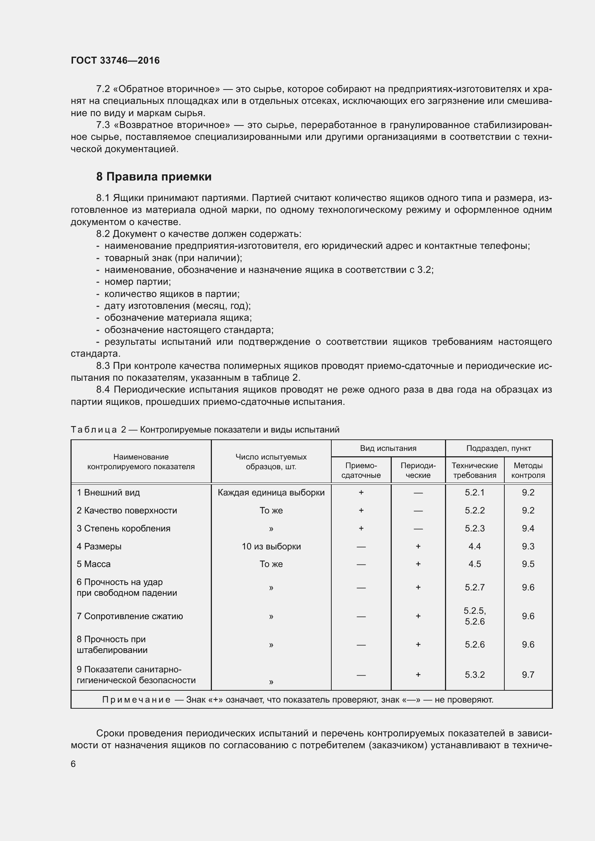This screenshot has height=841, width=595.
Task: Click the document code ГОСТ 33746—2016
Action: (x=115, y=60)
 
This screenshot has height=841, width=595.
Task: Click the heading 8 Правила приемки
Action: (x=154, y=177)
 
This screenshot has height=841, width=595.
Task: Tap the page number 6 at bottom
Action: (x=73, y=764)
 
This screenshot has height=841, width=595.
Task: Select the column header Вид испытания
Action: (x=388, y=448)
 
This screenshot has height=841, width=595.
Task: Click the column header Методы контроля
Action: (x=528, y=470)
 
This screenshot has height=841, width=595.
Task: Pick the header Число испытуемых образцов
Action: (x=271, y=462)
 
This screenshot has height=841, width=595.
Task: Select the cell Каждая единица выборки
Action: (x=271, y=493)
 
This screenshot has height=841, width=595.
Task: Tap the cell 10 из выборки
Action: (x=271, y=547)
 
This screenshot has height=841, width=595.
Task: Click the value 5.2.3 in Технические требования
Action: (x=474, y=529)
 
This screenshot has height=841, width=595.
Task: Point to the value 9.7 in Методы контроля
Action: (x=528, y=675)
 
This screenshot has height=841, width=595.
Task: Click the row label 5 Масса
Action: (x=94, y=564)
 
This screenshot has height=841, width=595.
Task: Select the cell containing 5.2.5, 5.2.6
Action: (x=474, y=616)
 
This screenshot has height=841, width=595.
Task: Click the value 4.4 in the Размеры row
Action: (x=474, y=547)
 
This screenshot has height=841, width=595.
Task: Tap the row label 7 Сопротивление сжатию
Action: (x=130, y=616)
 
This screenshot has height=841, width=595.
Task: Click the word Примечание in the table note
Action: (x=136, y=700)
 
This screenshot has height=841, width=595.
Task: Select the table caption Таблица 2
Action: (x=98, y=430)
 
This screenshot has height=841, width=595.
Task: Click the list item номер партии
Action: (x=137, y=282)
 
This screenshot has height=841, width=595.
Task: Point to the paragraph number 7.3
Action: (x=103, y=125)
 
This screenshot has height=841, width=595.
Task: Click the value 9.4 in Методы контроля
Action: (x=528, y=529)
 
